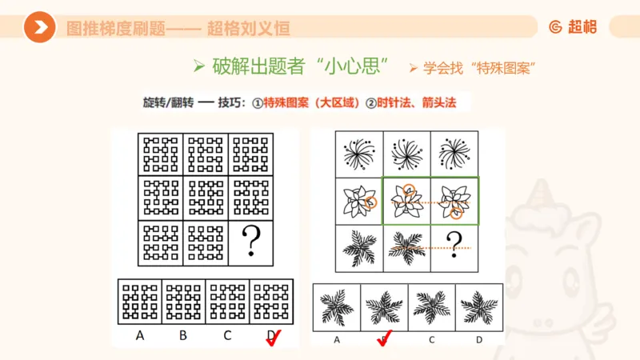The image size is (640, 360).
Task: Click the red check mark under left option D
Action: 275,339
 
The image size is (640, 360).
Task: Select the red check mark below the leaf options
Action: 385,340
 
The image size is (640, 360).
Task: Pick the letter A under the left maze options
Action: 140,335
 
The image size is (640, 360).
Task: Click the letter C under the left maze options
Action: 228,335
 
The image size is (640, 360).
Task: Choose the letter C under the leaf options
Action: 431,338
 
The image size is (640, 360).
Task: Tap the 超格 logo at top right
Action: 573,27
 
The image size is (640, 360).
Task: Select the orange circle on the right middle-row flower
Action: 456,212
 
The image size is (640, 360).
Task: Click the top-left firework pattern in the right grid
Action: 358,152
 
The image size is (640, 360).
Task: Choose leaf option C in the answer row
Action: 431,305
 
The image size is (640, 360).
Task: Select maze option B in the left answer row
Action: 184,302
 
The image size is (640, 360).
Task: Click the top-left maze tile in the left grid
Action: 161,152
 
